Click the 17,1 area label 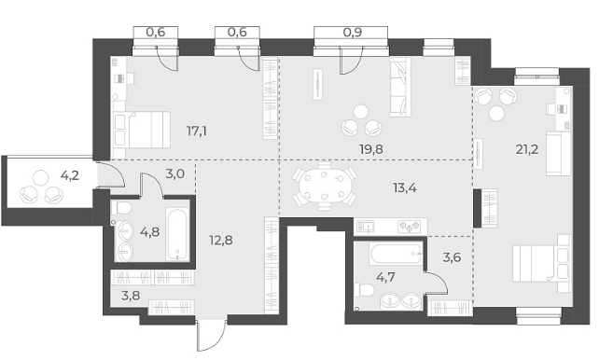click(x=197, y=132)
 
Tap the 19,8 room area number click(x=371, y=149)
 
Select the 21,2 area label click(x=527, y=149)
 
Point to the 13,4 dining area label click(x=405, y=187)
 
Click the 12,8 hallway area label click(x=221, y=240)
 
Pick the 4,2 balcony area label click(x=70, y=175)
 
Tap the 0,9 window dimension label click(x=353, y=33)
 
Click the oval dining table click(x=325, y=186)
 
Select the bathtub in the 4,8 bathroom click(x=177, y=234)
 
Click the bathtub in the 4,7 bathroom click(x=396, y=255)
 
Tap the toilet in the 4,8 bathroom click(x=121, y=208)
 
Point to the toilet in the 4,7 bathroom click(x=364, y=290)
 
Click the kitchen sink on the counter click(x=365, y=228)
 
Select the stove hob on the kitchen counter click(x=409, y=227)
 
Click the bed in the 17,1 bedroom click(x=142, y=130)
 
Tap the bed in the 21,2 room click(x=542, y=263)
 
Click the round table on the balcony click(x=40, y=177)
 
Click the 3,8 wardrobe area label click(x=131, y=296)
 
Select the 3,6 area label click(x=452, y=257)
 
